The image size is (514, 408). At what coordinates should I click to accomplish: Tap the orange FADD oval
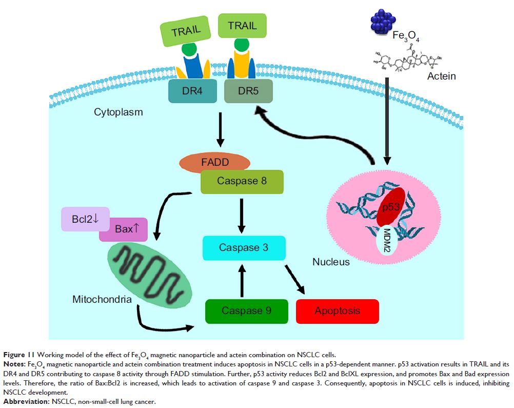[214, 163]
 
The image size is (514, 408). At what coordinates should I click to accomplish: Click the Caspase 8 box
[241, 181]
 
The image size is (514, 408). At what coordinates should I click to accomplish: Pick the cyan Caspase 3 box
[244, 247]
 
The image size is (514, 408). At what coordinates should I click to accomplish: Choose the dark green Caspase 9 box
[246, 311]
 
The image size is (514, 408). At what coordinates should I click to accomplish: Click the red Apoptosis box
[338, 311]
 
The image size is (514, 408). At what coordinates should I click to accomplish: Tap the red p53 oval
[391, 207]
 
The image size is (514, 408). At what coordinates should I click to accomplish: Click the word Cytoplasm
[117, 112]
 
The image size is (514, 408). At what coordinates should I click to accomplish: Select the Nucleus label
[331, 262]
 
